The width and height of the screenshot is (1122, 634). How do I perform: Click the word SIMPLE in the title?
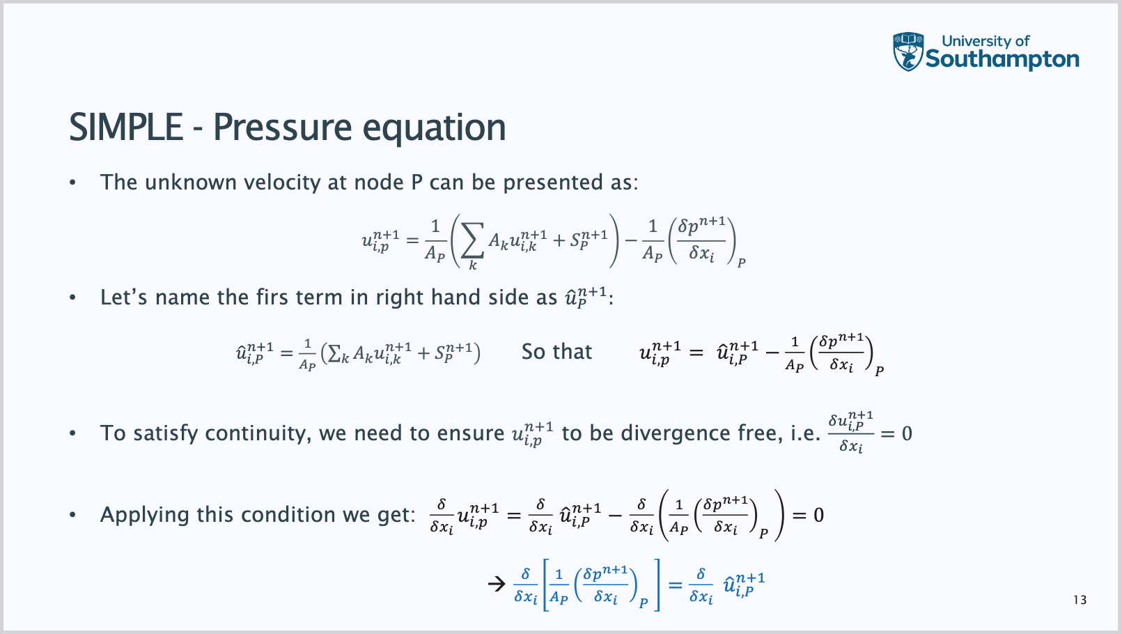click(x=126, y=127)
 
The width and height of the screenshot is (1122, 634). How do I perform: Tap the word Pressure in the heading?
click(x=283, y=127)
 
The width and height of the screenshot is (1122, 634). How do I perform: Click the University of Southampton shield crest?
click(x=908, y=52)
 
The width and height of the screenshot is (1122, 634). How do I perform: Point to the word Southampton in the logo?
click(x=1002, y=59)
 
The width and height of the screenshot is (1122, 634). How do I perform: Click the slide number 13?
click(x=1080, y=600)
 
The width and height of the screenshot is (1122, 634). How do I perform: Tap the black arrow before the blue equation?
click(x=497, y=584)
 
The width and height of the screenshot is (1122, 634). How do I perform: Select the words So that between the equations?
click(x=556, y=351)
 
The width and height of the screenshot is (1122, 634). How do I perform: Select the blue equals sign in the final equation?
click(x=675, y=585)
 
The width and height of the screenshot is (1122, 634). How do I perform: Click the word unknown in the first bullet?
click(x=190, y=183)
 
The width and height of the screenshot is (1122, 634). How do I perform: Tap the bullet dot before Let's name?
click(x=72, y=297)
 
